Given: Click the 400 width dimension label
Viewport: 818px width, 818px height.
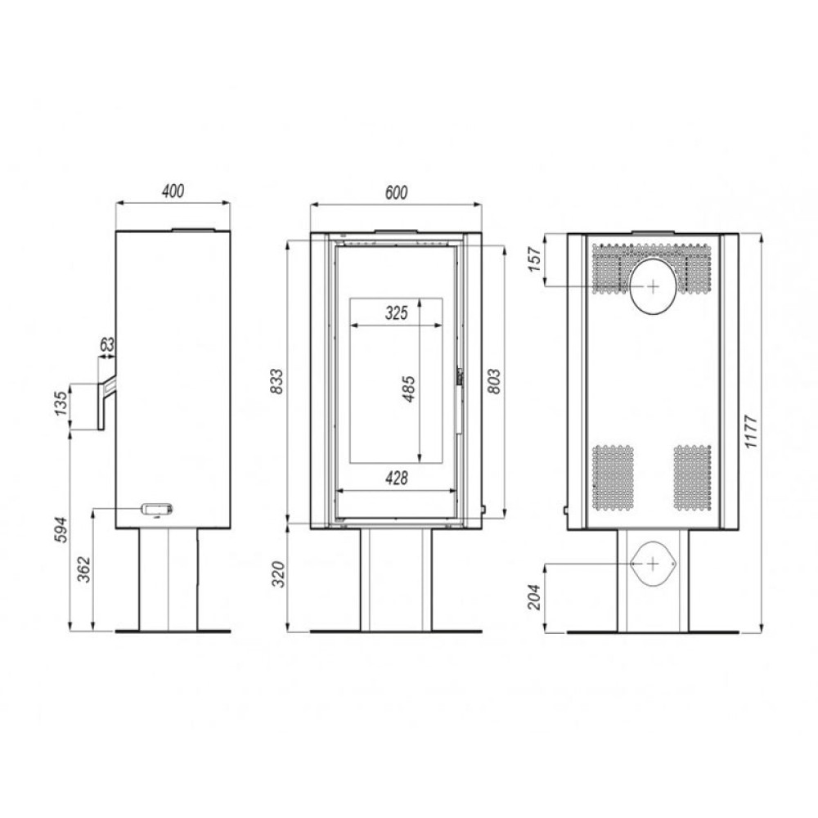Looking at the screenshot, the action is pyautogui.click(x=173, y=191).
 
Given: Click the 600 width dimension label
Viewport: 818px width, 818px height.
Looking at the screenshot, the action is pyautogui.click(x=396, y=192).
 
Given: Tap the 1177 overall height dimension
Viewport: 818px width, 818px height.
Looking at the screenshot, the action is pyautogui.click(x=750, y=431).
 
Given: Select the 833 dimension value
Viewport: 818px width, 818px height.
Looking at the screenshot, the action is pyautogui.click(x=276, y=381).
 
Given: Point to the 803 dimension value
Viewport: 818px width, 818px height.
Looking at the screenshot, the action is pyautogui.click(x=494, y=381).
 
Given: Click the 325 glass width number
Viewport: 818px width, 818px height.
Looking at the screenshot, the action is pyautogui.click(x=397, y=313).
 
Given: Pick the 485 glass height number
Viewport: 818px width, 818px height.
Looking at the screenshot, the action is pyautogui.click(x=409, y=389).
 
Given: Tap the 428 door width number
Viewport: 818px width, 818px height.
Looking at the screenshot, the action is pyautogui.click(x=397, y=478).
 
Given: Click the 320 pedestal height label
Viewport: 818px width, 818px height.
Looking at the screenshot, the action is pyautogui.click(x=279, y=574).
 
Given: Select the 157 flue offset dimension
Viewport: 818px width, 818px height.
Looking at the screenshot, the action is pyautogui.click(x=535, y=259).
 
